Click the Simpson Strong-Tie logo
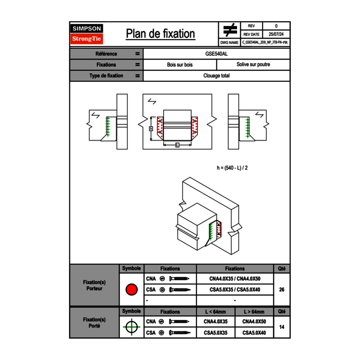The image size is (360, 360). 87,34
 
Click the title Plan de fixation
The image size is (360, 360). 160,34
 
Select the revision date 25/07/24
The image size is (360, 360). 276,34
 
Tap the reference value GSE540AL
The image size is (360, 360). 216,54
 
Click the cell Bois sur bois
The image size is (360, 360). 180,65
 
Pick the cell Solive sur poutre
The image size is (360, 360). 253,65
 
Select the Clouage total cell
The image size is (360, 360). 216,76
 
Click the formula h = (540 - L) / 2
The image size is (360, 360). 232,167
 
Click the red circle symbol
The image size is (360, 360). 131,290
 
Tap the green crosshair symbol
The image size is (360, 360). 131,327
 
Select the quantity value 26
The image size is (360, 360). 281,290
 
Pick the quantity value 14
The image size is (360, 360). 281,327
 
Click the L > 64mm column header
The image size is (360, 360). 254,312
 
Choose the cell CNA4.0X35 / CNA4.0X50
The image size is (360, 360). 235,279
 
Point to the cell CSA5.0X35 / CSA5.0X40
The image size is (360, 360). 235,290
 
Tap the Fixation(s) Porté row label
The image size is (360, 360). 94,323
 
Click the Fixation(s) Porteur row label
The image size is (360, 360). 94,285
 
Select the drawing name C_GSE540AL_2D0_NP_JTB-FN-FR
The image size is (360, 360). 265,42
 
